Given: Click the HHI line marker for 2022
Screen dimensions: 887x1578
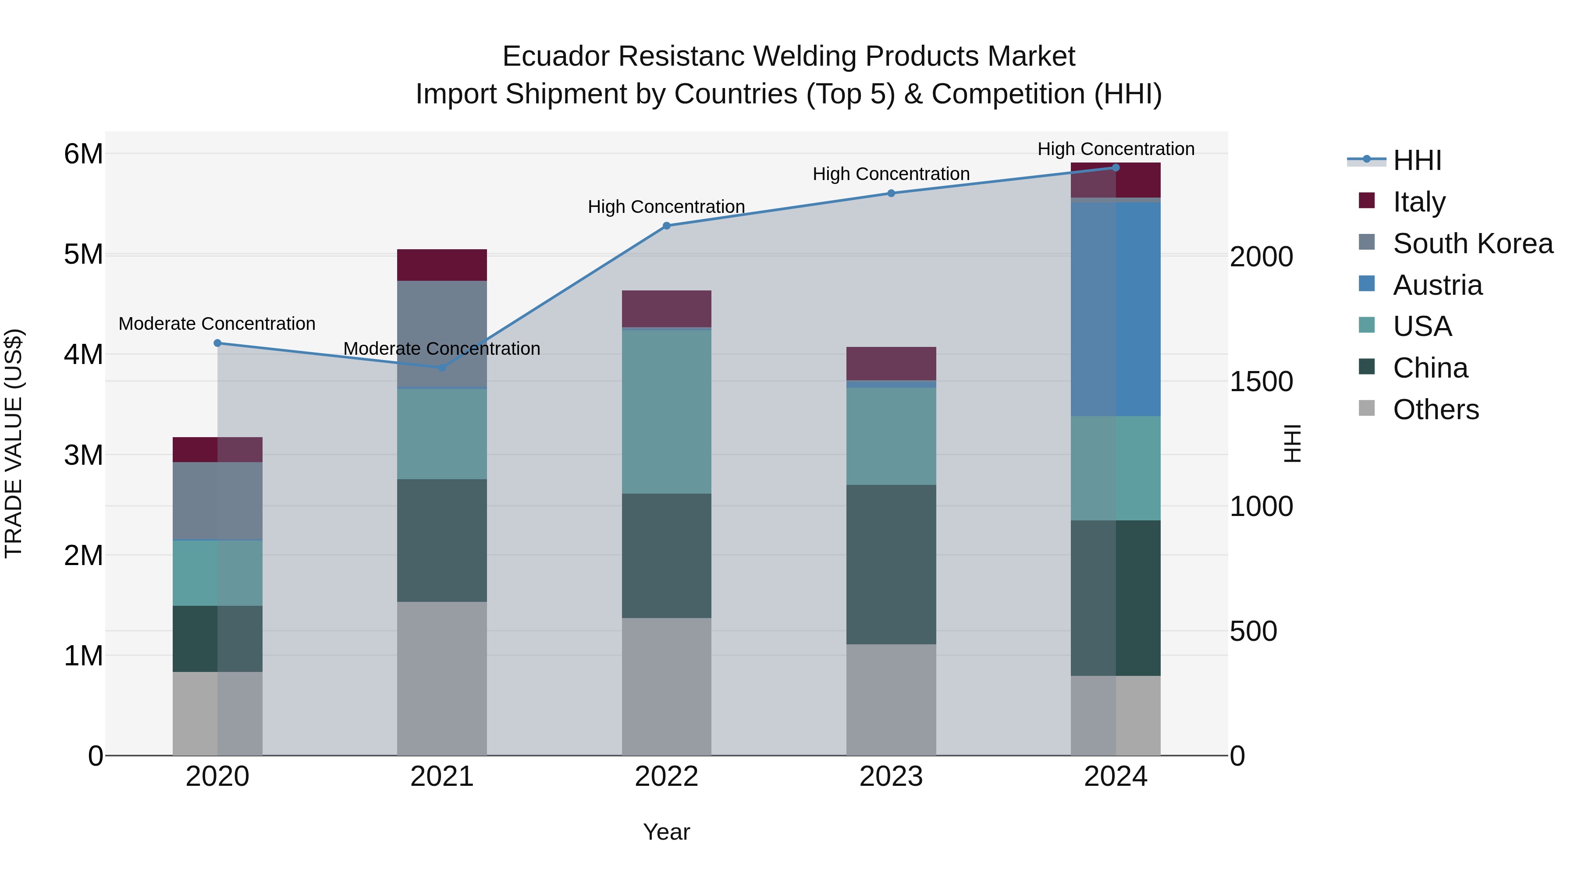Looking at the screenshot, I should point(666,226).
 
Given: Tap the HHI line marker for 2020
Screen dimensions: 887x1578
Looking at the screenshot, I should point(217,343).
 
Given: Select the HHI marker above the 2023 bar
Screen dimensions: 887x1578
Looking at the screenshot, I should point(891,194).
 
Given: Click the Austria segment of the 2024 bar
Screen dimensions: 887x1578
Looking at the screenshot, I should point(1116,309).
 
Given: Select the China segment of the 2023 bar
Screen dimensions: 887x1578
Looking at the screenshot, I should point(891,565).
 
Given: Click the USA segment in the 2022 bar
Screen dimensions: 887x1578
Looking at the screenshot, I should point(666,412).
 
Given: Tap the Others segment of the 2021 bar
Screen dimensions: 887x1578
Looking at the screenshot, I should point(442,678).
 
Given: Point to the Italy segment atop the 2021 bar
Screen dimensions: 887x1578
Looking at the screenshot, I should point(442,265).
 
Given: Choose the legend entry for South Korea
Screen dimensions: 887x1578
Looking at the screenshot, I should point(1473,244).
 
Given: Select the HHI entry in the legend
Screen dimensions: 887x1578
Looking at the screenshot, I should point(1416,160).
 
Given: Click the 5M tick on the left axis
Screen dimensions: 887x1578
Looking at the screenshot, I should point(83,254).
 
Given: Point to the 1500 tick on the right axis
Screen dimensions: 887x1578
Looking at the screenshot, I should point(1261,382).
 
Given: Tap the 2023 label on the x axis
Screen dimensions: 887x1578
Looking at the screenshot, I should point(891,777).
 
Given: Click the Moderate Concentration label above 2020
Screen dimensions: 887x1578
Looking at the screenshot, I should point(217,324).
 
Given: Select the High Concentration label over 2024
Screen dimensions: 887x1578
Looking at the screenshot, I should point(1116,149).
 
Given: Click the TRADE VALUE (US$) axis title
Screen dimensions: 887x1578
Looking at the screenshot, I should point(14,443).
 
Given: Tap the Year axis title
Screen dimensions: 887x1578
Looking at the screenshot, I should point(666,832).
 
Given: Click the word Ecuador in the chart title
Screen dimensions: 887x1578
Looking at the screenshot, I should point(556,57).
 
